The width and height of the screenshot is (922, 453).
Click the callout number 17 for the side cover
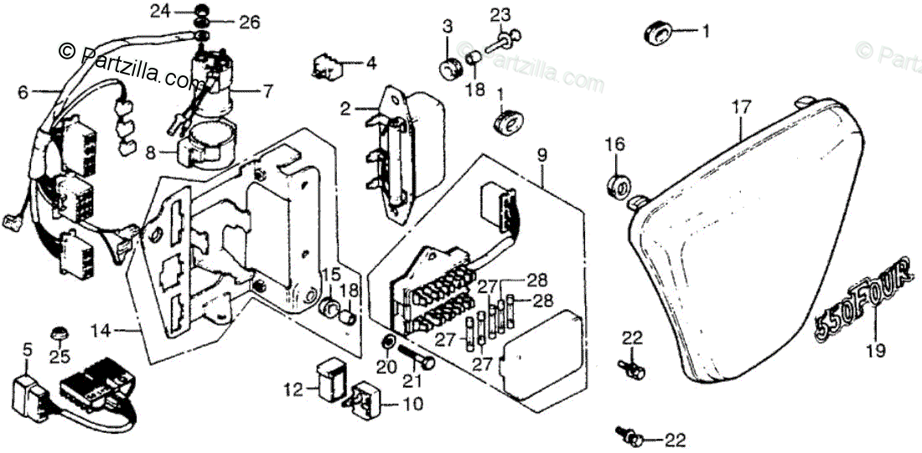click(x=739, y=107)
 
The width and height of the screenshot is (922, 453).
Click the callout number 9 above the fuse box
click(x=541, y=154)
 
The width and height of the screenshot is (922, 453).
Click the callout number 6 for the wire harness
click(x=23, y=92)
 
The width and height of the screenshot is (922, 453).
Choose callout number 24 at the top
click(x=160, y=11)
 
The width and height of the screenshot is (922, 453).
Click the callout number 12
click(x=292, y=389)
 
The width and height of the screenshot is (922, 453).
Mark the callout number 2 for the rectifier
click(x=344, y=108)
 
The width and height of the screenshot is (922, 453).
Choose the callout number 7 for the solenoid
click(x=267, y=89)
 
